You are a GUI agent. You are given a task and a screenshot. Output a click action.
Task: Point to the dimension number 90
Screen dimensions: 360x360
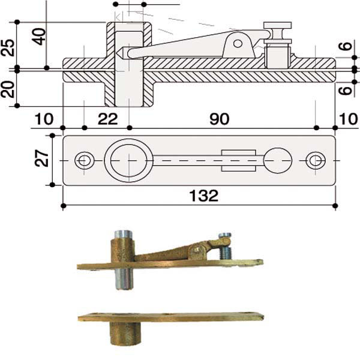click(x=220, y=119)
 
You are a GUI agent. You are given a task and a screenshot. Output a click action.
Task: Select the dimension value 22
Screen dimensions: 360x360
click(x=107, y=119)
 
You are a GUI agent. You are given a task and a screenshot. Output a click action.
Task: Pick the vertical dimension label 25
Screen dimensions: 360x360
click(x=8, y=47)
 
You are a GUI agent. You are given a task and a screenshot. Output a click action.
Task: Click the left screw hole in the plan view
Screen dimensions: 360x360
click(x=85, y=160)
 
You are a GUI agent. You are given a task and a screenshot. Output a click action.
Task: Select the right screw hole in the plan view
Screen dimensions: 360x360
click(x=315, y=160)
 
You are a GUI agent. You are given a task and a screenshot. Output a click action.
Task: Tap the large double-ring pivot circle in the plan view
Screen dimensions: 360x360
click(x=128, y=160)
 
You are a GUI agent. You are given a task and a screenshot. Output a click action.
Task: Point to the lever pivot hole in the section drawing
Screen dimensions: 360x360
click(x=238, y=43)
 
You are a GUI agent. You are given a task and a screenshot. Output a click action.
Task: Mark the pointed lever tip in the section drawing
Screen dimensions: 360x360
click(x=120, y=53)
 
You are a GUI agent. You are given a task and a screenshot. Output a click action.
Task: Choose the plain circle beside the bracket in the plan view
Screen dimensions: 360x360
click(x=278, y=160)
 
